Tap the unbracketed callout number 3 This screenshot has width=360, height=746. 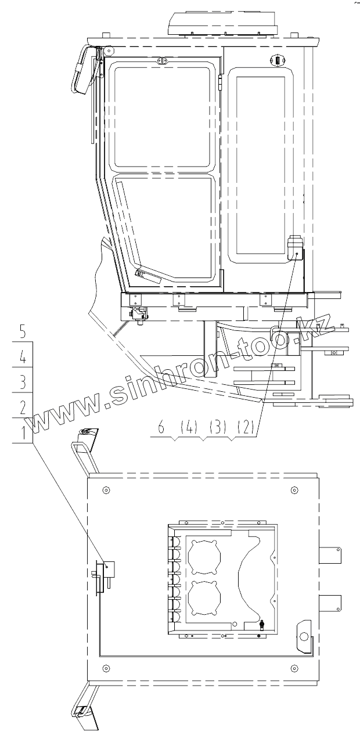[23, 382]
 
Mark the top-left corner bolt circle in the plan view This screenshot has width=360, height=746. [105, 490]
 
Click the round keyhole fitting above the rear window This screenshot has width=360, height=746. [277, 60]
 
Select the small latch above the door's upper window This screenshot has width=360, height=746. [162, 60]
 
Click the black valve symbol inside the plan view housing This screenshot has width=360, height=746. [262, 625]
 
